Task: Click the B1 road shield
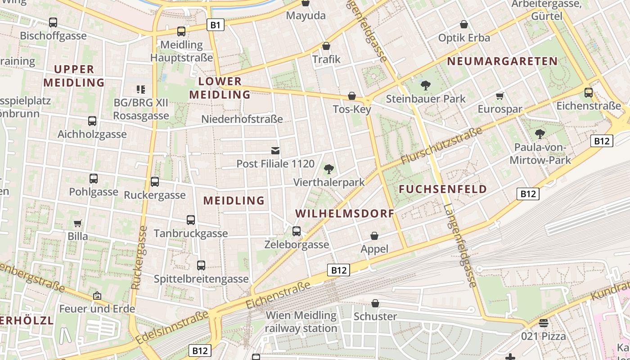click(x=216, y=25)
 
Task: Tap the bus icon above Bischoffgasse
click(x=53, y=22)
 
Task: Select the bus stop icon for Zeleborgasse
click(x=297, y=231)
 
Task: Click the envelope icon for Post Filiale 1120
click(x=275, y=150)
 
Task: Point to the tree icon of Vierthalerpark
click(x=329, y=169)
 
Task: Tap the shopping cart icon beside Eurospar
click(x=499, y=96)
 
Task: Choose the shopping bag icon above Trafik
click(x=326, y=46)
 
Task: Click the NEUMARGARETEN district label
click(x=502, y=61)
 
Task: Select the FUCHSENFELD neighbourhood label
click(x=443, y=189)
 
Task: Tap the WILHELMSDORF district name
click(x=345, y=213)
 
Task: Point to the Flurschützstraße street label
click(x=441, y=145)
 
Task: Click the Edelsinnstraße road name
click(x=172, y=328)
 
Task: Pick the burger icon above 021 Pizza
click(x=544, y=323)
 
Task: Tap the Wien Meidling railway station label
click(x=301, y=322)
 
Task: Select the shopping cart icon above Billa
click(x=78, y=223)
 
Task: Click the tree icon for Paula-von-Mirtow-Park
click(x=540, y=134)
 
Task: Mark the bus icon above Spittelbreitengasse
click(x=201, y=265)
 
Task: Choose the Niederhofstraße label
click(x=242, y=119)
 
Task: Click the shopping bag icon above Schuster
click(x=375, y=304)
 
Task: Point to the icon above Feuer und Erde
click(x=97, y=296)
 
